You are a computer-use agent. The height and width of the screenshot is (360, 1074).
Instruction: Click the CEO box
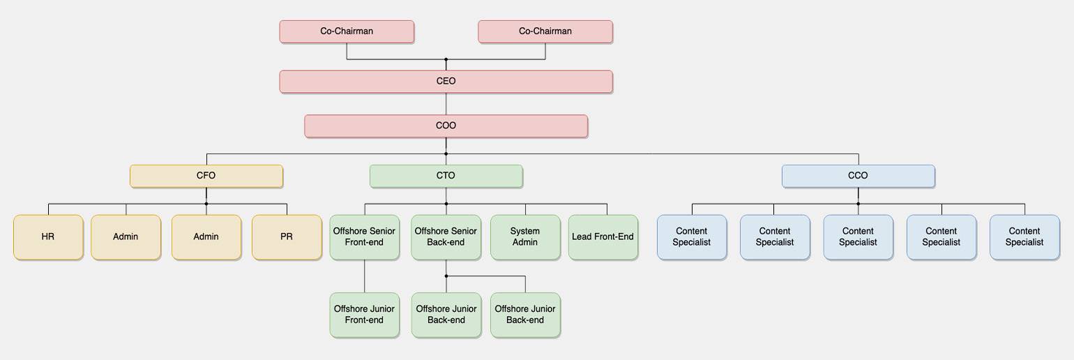446,82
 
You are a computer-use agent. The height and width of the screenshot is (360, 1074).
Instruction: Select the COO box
446,126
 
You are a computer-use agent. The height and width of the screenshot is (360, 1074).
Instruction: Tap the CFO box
206,176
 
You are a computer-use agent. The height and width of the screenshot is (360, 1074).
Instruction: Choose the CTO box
446,176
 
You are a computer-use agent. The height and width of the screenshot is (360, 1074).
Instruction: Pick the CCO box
859,176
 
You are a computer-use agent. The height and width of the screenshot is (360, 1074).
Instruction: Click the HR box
48,237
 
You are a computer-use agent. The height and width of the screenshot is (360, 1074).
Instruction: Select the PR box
287,237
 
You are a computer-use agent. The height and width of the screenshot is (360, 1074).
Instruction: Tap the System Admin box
526,237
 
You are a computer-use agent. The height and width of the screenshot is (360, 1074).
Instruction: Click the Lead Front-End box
603,237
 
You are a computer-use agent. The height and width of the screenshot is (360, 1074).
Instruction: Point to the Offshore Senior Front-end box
364,237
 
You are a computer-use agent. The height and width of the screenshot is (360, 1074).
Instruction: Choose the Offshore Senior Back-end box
446,237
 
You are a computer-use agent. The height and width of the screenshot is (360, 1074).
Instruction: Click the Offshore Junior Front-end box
364,315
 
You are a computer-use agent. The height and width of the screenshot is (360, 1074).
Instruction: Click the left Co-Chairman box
347,31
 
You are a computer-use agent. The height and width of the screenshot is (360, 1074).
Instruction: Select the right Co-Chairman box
545,31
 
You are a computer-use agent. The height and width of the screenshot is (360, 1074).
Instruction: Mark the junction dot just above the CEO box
446,59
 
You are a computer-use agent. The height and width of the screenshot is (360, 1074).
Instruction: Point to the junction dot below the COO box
446,154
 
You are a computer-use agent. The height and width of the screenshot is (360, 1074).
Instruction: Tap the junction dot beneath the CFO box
206,204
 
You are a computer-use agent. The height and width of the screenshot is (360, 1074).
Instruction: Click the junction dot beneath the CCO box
859,204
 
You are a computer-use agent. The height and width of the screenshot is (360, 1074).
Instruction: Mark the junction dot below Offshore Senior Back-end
446,276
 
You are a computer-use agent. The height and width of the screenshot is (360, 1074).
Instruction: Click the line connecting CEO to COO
446,104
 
